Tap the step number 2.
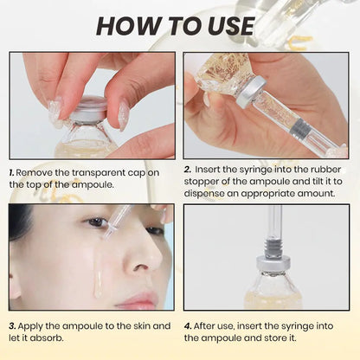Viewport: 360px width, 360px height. (x=187, y=172)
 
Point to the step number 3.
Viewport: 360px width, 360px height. (x=13, y=326)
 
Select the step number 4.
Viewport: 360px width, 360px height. (x=187, y=326)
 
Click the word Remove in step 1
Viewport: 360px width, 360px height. (x=36, y=172)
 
